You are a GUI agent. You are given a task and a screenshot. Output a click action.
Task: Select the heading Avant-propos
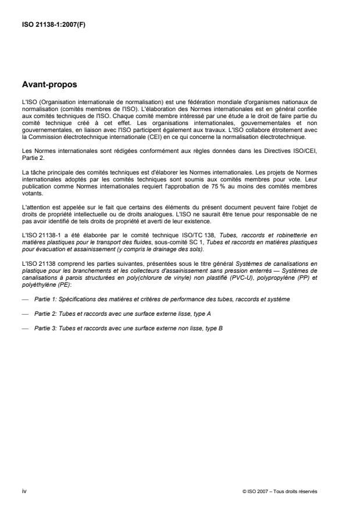(46, 84)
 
